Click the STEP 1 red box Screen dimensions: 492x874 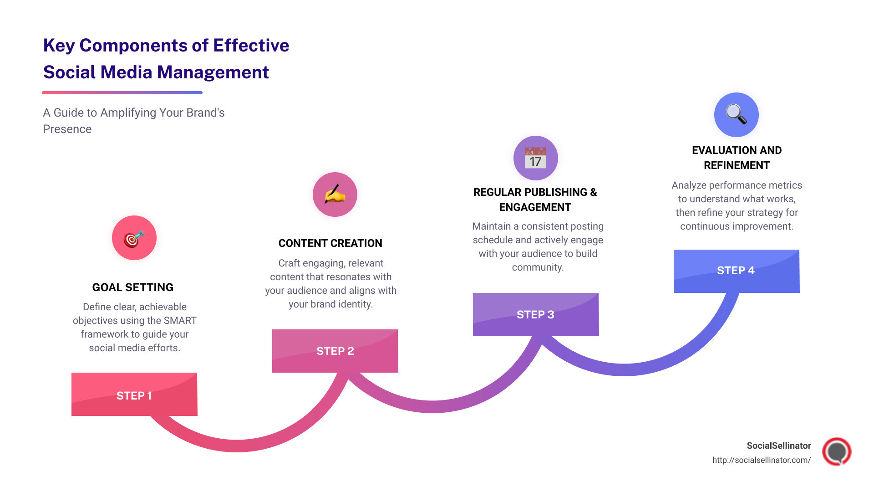134,395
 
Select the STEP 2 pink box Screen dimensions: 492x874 335,351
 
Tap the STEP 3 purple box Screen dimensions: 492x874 536,314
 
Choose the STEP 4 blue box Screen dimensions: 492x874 736,271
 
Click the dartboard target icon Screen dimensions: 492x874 134,238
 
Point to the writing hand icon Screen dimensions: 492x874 335,195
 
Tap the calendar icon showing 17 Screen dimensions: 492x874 536,158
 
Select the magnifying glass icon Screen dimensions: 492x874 736,114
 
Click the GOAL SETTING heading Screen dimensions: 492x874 133,287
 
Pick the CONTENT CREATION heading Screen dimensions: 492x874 330,243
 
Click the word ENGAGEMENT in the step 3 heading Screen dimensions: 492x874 535,207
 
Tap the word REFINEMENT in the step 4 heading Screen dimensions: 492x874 737,165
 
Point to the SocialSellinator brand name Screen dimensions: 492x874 778,446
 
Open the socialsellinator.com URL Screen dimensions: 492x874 761,460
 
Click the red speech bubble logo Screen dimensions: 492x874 837,451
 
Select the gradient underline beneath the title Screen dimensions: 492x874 122,92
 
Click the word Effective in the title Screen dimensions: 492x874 251,46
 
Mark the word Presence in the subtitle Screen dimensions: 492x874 67,129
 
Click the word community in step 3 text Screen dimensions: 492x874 537,267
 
